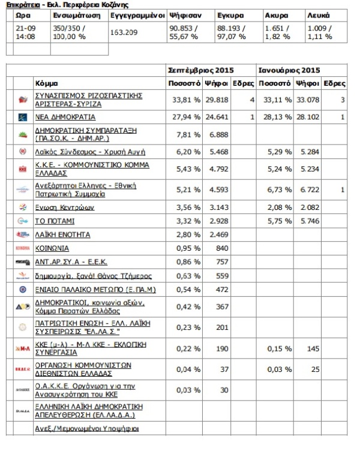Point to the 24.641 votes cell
215,118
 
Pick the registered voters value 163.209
124,33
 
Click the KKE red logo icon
23,169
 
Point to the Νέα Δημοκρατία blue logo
23,117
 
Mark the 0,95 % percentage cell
188,248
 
